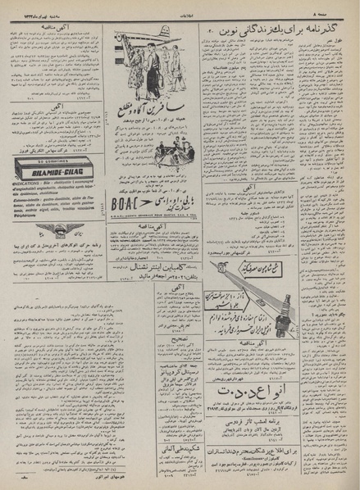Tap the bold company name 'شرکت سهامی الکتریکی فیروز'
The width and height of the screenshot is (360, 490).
click(51, 175)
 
